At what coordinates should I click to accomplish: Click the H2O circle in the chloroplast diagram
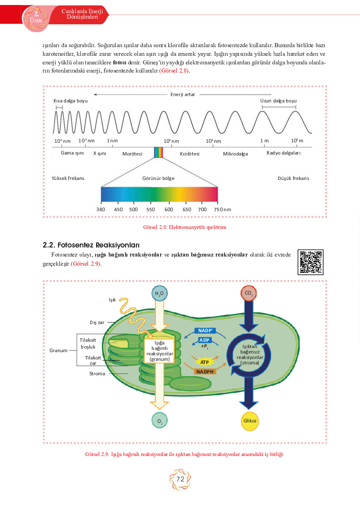tap(160, 293)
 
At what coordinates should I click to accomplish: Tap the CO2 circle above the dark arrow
tap(248, 293)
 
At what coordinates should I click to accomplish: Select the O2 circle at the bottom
tap(160, 421)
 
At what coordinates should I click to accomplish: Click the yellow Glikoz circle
tap(250, 421)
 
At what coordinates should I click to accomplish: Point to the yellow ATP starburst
tap(204, 362)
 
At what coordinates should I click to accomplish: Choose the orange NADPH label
tap(205, 372)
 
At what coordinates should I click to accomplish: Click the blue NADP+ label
tap(205, 330)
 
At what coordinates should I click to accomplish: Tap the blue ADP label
tap(204, 340)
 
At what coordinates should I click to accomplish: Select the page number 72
tap(180, 479)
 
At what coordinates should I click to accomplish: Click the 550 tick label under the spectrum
tap(151, 209)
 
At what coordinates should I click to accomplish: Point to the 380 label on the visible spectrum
tap(101, 209)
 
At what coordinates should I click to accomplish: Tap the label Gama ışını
tap(72, 153)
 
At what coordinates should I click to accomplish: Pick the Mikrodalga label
tap(235, 154)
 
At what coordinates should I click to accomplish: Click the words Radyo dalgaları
tap(283, 153)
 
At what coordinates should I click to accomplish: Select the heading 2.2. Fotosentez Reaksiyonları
tap(91, 245)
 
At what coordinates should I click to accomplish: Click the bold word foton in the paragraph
tap(119, 63)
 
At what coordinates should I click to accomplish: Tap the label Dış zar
tap(97, 322)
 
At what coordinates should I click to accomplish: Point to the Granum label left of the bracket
tap(58, 350)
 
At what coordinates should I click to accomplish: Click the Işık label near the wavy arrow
tap(112, 300)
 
